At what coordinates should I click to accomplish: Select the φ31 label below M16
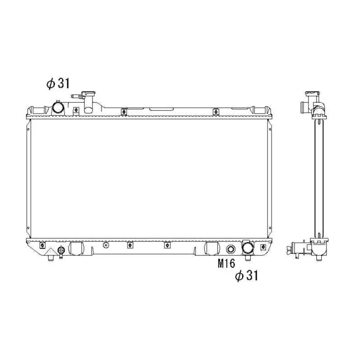click(247, 275)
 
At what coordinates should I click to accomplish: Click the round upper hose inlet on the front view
click(58, 108)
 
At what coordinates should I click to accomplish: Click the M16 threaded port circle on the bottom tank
click(230, 250)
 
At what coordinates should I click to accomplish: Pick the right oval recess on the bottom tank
click(211, 249)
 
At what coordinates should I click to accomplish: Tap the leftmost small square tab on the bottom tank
click(42, 245)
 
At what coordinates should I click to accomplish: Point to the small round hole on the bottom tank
click(106, 245)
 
